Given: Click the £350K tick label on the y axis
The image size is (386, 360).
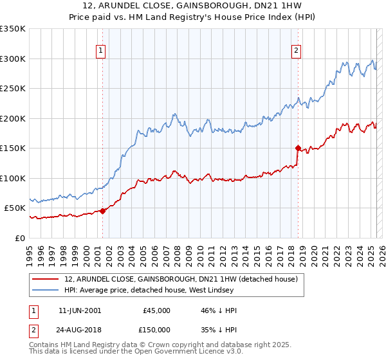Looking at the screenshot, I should pos(12,29).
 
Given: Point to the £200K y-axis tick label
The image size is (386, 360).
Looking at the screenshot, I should pos(12,118).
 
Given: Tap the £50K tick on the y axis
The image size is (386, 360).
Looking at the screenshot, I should pos(15,208).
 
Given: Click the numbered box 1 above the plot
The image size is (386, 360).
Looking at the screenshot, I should pos(102,51).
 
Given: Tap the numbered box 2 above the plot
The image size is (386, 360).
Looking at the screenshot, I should pos(297,51).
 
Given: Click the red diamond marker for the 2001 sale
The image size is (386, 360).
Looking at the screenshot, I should pos(102,211).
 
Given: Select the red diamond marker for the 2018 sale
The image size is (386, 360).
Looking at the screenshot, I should pos(298,148).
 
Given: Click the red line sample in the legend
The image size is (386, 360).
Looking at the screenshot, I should pos(45,280).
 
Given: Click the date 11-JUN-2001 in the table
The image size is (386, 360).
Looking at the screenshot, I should pos(80,310).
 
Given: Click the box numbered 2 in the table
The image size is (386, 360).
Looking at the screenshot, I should pos(32,329).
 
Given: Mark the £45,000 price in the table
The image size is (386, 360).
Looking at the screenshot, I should pos(156,310).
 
